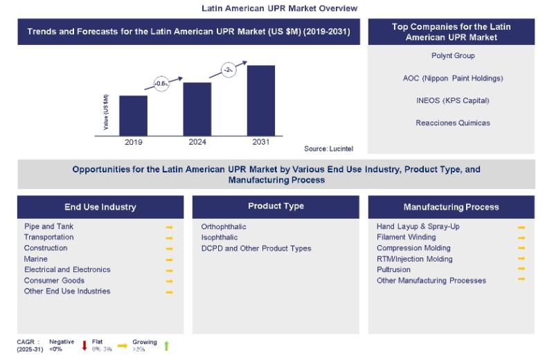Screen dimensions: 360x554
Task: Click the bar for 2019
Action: [x=133, y=116]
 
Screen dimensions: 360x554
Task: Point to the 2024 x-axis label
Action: [x=197, y=142]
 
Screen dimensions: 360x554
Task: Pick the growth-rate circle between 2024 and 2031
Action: [x=229, y=69]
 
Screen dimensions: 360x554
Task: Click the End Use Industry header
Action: [x=100, y=207]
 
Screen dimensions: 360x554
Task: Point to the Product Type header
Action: [x=276, y=206]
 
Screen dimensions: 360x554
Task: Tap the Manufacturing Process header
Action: [x=451, y=207]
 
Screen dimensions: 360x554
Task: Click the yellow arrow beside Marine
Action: [x=169, y=260]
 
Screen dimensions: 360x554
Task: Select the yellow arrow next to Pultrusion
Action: [x=521, y=269]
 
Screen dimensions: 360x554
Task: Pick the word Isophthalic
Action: [x=220, y=237]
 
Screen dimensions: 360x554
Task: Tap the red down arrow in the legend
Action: [x=83, y=345]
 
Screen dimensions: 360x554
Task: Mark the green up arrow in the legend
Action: [x=166, y=345]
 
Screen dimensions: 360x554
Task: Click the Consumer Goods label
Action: [x=54, y=280]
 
